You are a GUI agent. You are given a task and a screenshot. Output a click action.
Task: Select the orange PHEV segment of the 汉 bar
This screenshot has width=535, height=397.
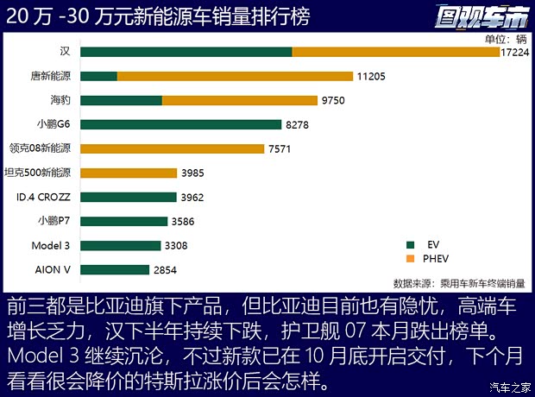click(x=395, y=52)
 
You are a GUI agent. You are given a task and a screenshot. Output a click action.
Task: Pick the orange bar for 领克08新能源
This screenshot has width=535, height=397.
click(x=172, y=148)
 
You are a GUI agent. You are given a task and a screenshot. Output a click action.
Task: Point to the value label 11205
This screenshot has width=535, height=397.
click(x=370, y=76)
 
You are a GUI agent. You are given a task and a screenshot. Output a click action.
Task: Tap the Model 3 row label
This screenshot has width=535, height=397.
click(x=51, y=246)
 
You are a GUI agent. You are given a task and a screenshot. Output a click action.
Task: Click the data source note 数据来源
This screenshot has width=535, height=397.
click(x=458, y=282)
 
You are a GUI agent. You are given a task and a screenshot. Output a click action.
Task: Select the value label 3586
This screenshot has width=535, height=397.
click(x=183, y=222)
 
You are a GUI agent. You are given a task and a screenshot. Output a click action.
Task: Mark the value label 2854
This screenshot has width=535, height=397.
click(x=165, y=270)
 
